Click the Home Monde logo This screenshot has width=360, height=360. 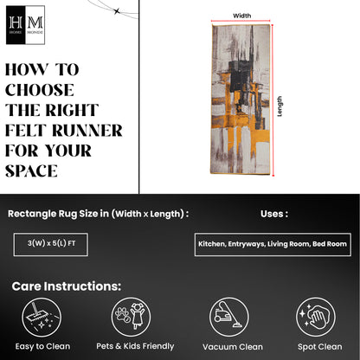pyautogui.click(x=25, y=25)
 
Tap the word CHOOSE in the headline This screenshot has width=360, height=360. pyautogui.click(x=40, y=90)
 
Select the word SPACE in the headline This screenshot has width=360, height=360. pyautogui.click(x=31, y=170)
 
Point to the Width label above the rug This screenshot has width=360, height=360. pyautogui.click(x=242, y=16)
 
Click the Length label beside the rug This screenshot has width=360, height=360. pyautogui.click(x=280, y=106)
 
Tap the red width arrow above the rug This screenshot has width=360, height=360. pyautogui.click(x=241, y=21)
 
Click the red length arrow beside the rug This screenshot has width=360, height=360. pyautogui.click(x=273, y=100)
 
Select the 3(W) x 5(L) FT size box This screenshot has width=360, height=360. pyautogui.click(x=51, y=244)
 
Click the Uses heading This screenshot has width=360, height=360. pyautogui.click(x=274, y=214)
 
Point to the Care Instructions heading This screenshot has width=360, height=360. pyautogui.click(x=67, y=286)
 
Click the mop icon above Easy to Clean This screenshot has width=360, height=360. pyautogui.click(x=42, y=318)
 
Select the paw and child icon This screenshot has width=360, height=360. pyautogui.click(x=132, y=317)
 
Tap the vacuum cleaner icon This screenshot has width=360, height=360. pyautogui.click(x=229, y=317)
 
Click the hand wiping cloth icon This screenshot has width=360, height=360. pyautogui.click(x=316, y=317)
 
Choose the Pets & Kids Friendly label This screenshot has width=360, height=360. pyautogui.click(x=135, y=346)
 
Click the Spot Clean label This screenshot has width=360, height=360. pyautogui.click(x=320, y=347)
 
